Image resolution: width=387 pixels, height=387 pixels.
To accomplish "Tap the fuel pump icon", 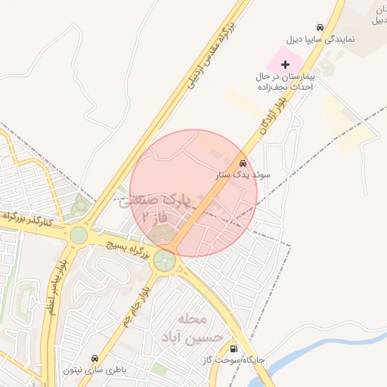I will pos(233,349).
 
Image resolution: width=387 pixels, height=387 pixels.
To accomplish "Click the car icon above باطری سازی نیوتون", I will pos(94,358).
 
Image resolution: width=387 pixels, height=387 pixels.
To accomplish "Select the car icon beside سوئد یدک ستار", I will pos(243,163).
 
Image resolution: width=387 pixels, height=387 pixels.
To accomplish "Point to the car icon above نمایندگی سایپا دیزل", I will pos(320,26).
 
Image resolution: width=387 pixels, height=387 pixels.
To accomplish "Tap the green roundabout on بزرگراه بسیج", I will pos(164,262).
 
